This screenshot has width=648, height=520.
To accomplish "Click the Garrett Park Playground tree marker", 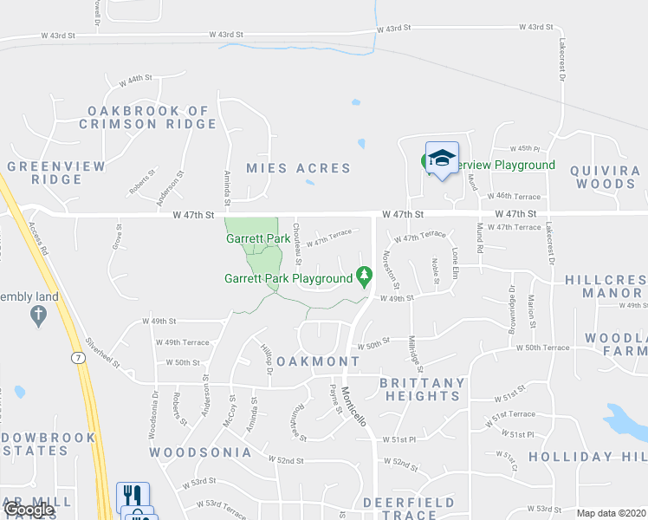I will (366, 277).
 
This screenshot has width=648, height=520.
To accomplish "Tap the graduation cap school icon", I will (442, 157).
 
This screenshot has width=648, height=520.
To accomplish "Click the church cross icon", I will (37, 315).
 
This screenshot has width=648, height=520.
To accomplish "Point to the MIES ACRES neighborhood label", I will (298, 168).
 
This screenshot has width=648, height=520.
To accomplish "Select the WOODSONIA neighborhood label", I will (200, 452).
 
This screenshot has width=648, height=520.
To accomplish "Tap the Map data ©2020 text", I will (611, 513).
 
